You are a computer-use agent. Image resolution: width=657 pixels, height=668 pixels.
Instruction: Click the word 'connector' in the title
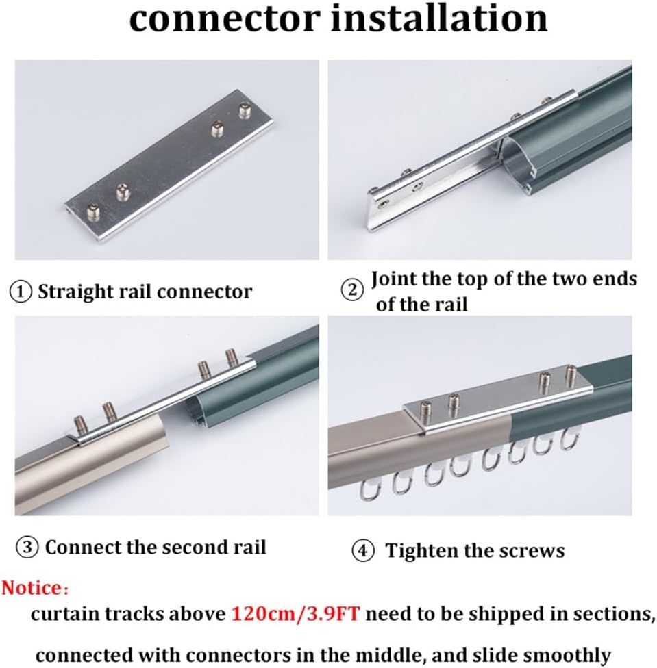(223, 19)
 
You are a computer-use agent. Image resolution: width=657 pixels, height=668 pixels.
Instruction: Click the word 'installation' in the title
(439, 19)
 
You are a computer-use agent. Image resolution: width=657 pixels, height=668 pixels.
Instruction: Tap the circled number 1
(21, 292)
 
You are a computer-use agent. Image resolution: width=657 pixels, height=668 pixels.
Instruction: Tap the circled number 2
(353, 290)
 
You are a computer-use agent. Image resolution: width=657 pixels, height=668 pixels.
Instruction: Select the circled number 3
(26, 548)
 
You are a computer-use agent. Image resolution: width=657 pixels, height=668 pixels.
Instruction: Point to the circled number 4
(363, 551)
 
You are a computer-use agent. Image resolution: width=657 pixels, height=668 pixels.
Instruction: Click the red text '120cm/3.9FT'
(296, 613)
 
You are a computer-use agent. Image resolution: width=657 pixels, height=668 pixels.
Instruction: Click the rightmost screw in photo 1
(245, 110)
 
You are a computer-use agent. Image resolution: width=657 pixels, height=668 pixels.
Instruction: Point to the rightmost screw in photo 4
(571, 376)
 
